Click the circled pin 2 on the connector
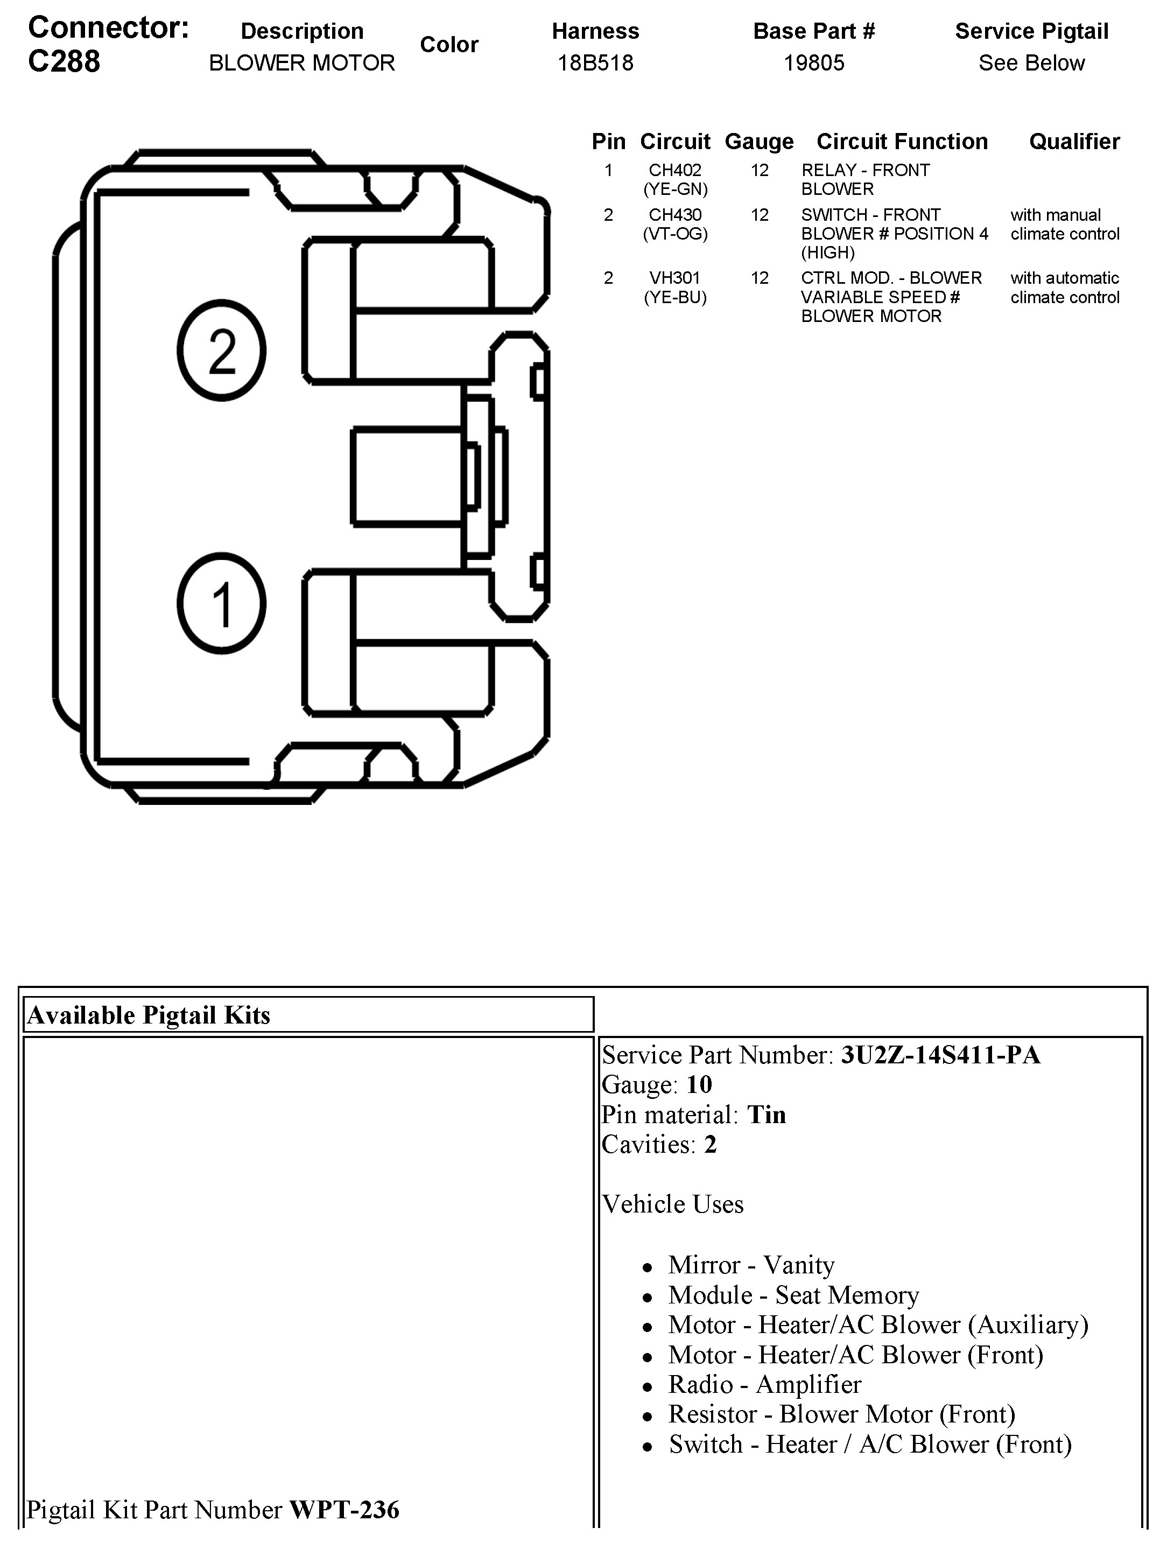click(x=222, y=350)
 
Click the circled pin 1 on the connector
click(x=222, y=604)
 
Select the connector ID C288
click(x=64, y=61)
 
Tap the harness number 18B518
click(x=595, y=63)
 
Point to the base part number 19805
click(x=813, y=63)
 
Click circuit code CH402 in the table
click(x=675, y=170)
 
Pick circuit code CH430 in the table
click(x=675, y=215)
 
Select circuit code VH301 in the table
click(x=675, y=278)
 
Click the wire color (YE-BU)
click(x=675, y=298)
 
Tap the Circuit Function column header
click(x=902, y=142)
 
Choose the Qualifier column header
click(x=1074, y=142)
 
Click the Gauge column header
click(x=759, y=142)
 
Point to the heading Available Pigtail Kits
click(x=149, y=1015)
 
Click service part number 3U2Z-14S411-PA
click(x=940, y=1055)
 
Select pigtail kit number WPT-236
click(x=345, y=1509)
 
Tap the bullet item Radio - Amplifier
click(x=764, y=1384)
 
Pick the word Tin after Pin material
click(x=766, y=1115)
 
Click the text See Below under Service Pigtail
click(x=1031, y=63)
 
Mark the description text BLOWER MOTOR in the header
click(x=302, y=63)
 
